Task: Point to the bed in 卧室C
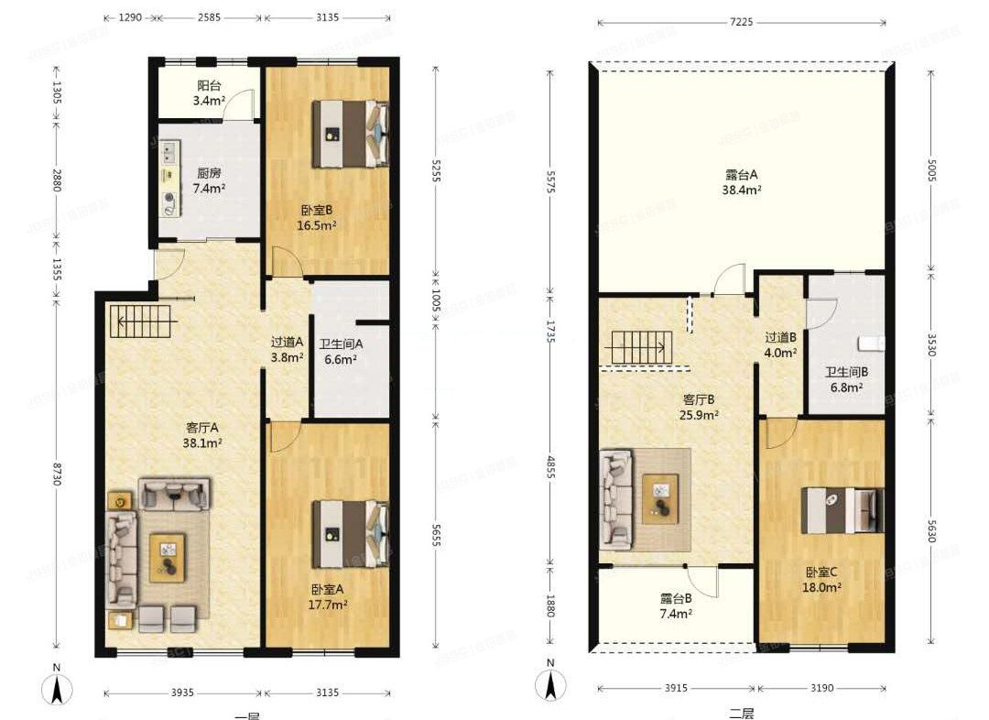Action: tap(842, 510)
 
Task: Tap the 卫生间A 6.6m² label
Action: tap(342, 353)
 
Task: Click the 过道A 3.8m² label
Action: tap(287, 350)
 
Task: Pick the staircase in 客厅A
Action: tap(141, 322)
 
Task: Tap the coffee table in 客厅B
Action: tap(659, 498)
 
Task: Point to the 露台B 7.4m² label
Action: tap(676, 605)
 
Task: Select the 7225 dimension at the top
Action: tap(742, 22)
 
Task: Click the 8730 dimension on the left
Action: tap(57, 473)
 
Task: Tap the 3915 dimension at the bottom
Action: tap(676, 688)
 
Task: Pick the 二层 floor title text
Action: tap(741, 713)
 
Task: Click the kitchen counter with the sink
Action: tap(169, 179)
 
